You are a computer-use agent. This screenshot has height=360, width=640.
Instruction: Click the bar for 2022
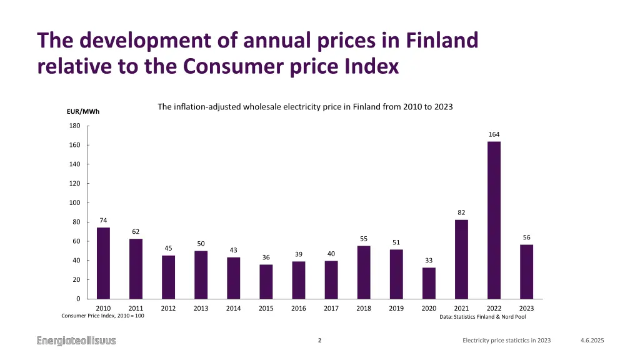click(x=494, y=220)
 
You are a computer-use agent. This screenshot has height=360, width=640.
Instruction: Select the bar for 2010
click(x=103, y=263)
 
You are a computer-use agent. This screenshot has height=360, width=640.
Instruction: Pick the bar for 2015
click(x=266, y=282)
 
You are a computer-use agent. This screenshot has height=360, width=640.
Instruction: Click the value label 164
click(x=494, y=134)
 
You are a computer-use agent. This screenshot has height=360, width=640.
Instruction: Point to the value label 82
click(x=461, y=212)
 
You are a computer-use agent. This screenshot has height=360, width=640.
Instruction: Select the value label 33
click(x=429, y=260)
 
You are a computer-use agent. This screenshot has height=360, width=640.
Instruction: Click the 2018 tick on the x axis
click(x=364, y=308)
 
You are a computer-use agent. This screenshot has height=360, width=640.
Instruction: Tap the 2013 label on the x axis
click(x=201, y=308)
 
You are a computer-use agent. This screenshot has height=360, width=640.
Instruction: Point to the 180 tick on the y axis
click(x=74, y=126)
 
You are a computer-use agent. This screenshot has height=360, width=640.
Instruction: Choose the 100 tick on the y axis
click(x=74, y=202)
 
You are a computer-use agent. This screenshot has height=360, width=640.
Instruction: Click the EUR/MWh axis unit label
click(x=83, y=112)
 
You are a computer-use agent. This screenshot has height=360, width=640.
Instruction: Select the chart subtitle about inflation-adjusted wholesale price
click(x=305, y=107)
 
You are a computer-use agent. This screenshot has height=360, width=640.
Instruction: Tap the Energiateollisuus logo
click(x=76, y=341)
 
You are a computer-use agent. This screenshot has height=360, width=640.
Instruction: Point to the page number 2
click(x=320, y=341)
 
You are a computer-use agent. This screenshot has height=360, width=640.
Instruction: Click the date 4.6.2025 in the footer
click(x=592, y=341)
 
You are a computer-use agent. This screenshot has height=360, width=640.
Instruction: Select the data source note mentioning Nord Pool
click(x=482, y=317)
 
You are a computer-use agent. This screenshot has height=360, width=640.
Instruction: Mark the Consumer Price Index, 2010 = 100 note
click(x=102, y=316)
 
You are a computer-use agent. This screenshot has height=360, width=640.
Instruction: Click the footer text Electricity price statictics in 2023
click(x=506, y=341)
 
